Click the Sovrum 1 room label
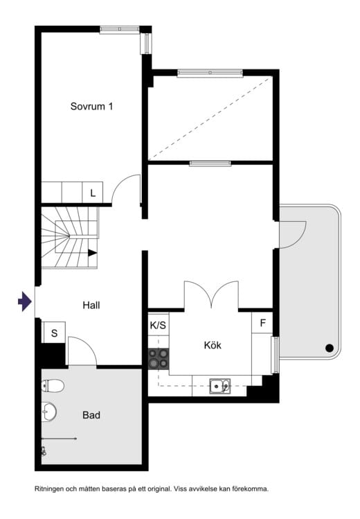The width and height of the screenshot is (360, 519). pos(91,106)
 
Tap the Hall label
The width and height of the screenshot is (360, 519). pos(91,305)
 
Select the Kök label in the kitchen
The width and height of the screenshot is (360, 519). pos(213,345)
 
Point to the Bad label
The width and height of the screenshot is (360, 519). pos(91,415)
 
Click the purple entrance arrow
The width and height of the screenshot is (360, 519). pos(25,301)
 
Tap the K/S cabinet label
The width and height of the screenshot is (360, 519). pos(158,325)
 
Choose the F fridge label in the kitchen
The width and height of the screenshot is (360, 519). pos(263,323)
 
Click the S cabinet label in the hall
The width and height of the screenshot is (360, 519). pos(55,333)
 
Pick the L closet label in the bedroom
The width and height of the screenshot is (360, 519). pos(93,193)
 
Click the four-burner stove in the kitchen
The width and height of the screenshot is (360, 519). pos(159,358)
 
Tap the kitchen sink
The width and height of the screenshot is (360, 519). pos(220,386)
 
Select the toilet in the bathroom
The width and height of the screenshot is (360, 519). pos(53,385)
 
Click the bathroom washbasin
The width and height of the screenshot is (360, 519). pos(49,412)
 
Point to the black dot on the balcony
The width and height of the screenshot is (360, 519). pos(330,348)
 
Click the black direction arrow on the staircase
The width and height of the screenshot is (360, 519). pos(92,253)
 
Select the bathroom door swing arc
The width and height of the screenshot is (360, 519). pos(88,344)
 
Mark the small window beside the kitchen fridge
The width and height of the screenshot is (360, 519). pos(275,355)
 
